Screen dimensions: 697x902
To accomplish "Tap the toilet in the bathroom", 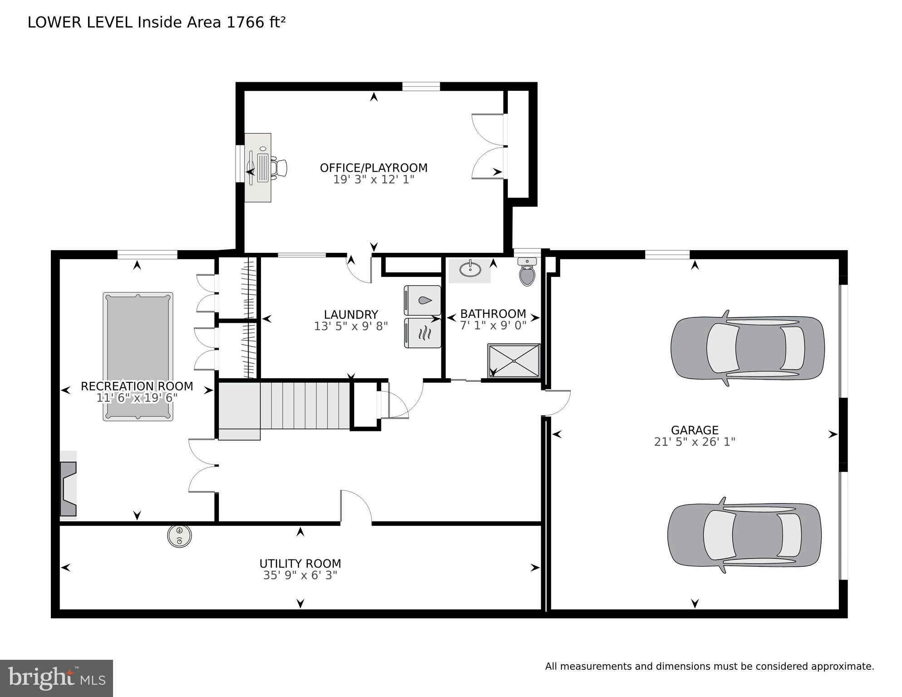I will pos(527,272).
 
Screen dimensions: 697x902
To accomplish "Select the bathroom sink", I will pos(470,270).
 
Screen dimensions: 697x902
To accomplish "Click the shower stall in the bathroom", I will pos(514,361).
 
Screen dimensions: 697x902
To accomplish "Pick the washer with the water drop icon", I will pos(423,300).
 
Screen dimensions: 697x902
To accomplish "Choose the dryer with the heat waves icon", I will pos(423,333).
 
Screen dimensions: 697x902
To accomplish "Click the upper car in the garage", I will pos(747,348).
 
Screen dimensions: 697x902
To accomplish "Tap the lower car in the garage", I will pos(744,535).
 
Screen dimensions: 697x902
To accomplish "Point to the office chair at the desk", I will pos(279,168).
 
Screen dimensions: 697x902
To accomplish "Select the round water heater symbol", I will pos(179,536).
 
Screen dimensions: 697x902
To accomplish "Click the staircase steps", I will pos(305,405).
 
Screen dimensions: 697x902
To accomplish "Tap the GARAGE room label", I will pos(694,430).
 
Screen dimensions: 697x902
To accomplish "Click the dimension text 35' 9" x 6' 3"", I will pos(300,575).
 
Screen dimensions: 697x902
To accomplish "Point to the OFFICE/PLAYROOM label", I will pos(374,168).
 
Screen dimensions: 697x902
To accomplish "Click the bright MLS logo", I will pos(56,678).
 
